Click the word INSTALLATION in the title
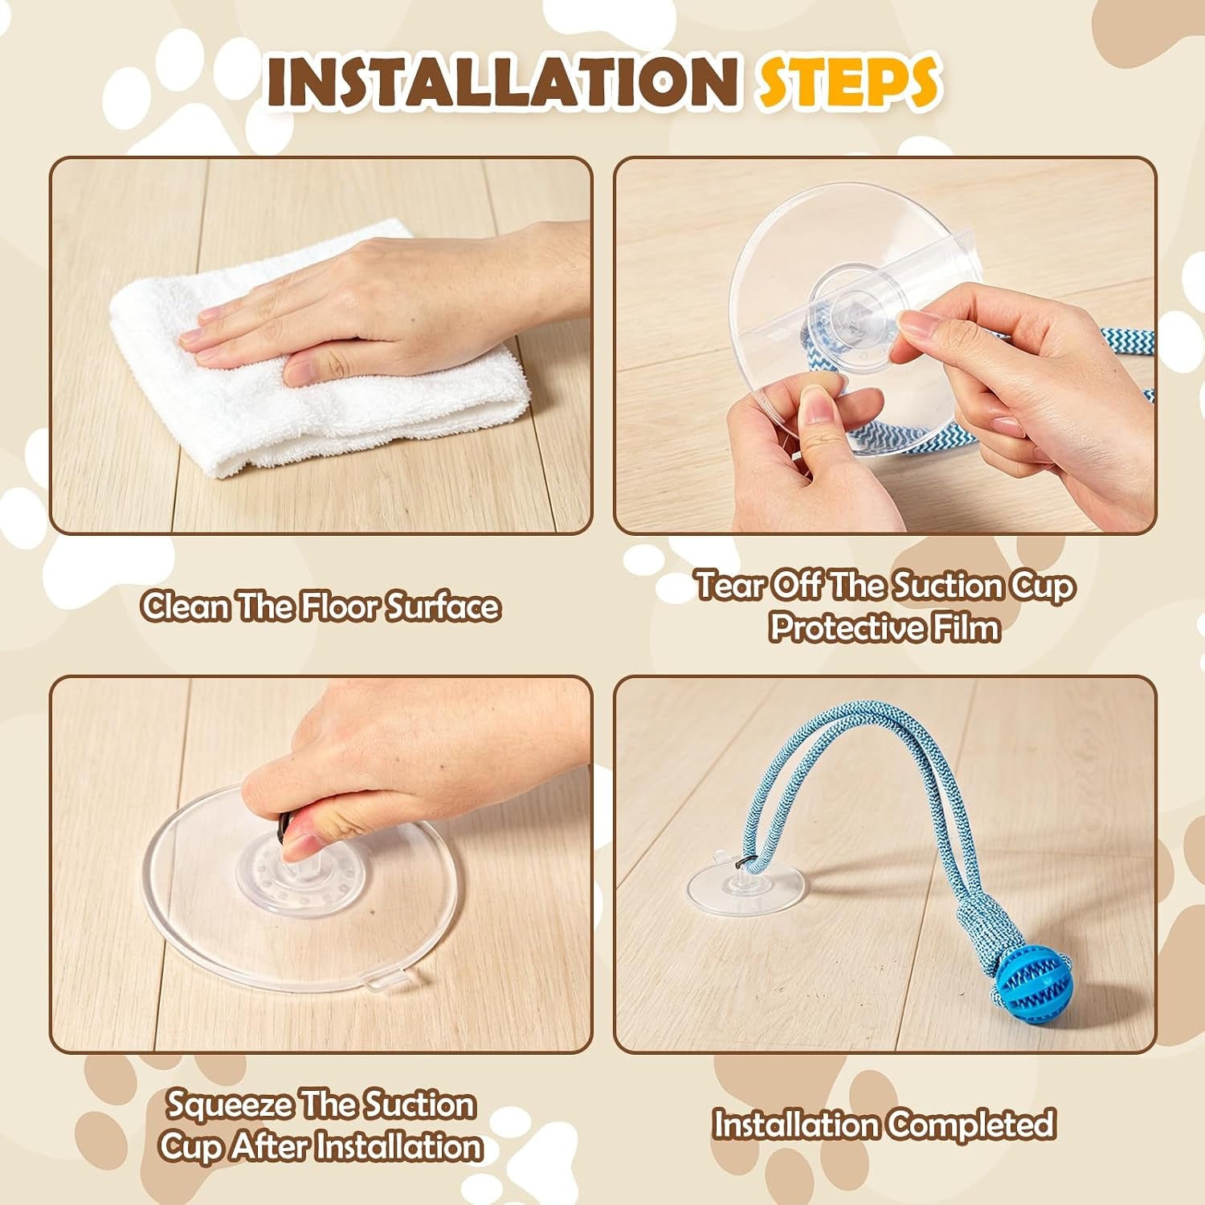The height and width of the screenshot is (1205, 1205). point(502,80)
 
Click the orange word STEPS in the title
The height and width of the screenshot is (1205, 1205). point(848,80)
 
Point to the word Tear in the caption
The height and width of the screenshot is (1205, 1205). point(729,586)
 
